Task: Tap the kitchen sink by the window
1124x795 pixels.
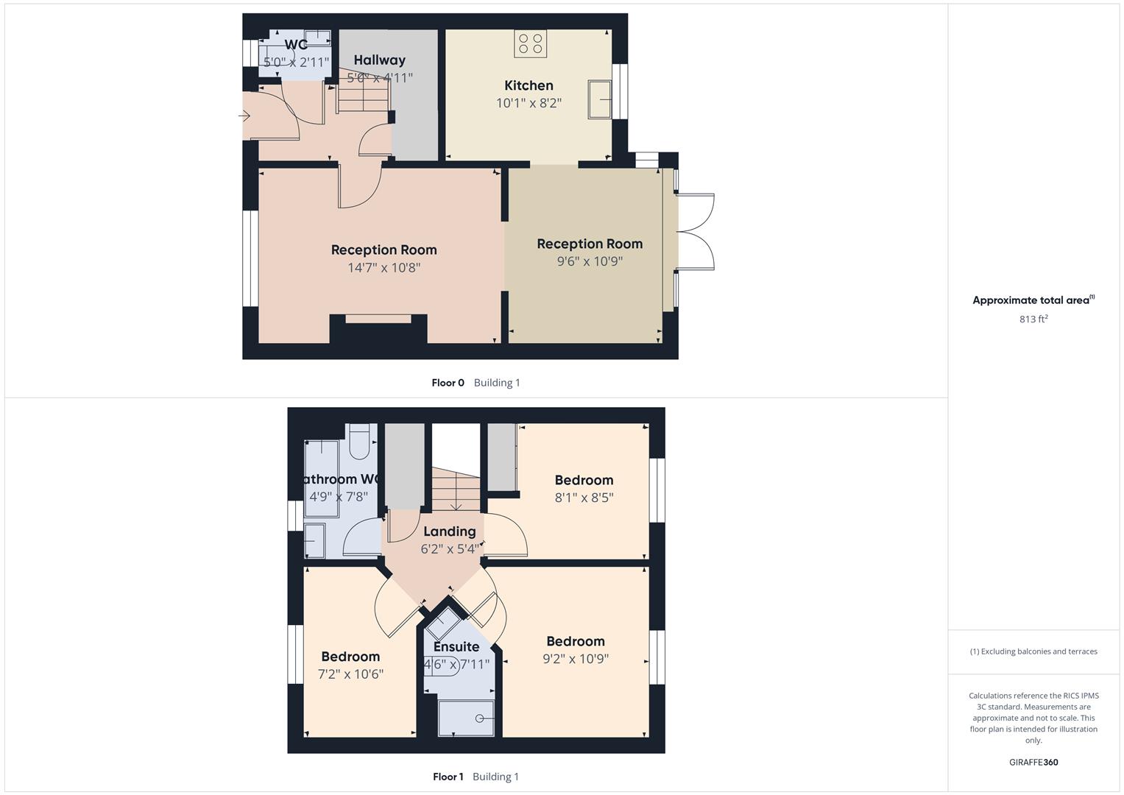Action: tap(599, 99)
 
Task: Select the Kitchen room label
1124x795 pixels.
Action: tap(529, 85)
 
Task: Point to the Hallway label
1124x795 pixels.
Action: tap(379, 60)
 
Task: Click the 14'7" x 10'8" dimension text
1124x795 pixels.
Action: tap(383, 268)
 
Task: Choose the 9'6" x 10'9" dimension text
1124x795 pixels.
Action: tap(590, 261)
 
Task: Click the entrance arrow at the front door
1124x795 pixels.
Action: tap(245, 116)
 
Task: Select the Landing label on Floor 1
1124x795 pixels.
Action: tap(449, 531)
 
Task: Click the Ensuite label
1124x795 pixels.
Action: tap(456, 647)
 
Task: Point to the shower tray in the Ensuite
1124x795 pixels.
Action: tap(466, 718)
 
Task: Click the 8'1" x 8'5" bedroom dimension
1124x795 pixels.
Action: tap(584, 498)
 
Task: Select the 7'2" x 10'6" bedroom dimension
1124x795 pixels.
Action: tap(350, 674)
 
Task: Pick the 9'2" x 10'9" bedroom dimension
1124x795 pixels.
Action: tap(576, 660)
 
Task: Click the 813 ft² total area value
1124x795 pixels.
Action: tap(1033, 319)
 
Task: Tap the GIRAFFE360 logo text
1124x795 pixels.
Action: tap(1033, 763)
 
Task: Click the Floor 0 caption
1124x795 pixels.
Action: tap(448, 383)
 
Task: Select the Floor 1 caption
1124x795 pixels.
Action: tap(448, 777)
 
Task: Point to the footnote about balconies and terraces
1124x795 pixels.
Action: tap(1033, 651)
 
